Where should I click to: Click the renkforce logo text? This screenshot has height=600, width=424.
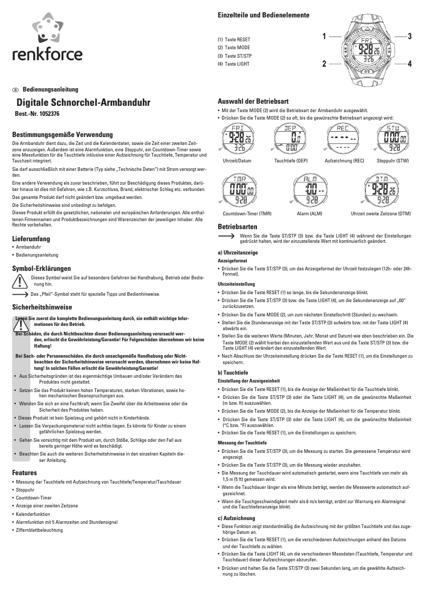(48, 54)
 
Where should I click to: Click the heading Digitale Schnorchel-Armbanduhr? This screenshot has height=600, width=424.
(84, 102)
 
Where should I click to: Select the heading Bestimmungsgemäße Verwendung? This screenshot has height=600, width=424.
(62, 135)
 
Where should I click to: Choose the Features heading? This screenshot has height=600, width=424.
(24, 472)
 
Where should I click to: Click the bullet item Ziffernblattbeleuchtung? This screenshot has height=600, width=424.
(40, 530)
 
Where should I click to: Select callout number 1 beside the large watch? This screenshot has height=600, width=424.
(323, 37)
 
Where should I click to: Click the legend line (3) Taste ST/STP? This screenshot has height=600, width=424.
(235, 56)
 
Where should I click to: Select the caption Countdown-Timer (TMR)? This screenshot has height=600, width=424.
(247, 214)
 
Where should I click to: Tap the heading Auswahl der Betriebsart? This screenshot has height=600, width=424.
(253, 101)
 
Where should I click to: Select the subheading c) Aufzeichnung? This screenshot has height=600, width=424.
(237, 517)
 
